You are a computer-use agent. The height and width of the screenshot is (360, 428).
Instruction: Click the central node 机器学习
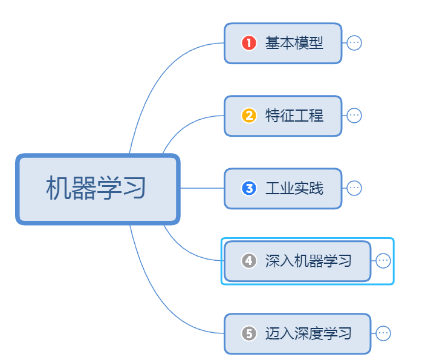97,189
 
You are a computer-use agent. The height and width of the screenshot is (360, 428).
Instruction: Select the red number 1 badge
248,43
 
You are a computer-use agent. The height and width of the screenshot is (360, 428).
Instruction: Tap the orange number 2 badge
248,116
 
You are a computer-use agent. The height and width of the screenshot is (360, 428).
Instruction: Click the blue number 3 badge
248,188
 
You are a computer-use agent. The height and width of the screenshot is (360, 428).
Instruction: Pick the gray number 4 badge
248,261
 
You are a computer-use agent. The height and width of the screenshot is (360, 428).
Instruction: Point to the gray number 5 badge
248,333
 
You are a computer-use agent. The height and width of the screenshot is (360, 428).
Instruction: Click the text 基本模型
294,43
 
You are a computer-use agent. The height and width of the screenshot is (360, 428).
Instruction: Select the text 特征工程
294,116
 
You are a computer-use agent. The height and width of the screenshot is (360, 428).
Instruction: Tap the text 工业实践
294,188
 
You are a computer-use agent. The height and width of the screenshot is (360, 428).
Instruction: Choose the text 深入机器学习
308,261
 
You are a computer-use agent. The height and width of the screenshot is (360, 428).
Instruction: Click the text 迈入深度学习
308,333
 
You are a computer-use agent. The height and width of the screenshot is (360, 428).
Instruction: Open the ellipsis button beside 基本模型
354,43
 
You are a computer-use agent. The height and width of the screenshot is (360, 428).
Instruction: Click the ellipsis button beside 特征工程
354,116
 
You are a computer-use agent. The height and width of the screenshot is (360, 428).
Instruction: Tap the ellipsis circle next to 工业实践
354,188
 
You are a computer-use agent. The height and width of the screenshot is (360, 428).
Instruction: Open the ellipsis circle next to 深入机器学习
383,261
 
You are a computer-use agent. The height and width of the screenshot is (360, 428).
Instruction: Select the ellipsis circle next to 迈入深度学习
383,333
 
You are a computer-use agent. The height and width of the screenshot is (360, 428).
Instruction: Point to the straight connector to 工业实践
203,188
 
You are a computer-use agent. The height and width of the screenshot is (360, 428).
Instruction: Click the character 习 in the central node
136,189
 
